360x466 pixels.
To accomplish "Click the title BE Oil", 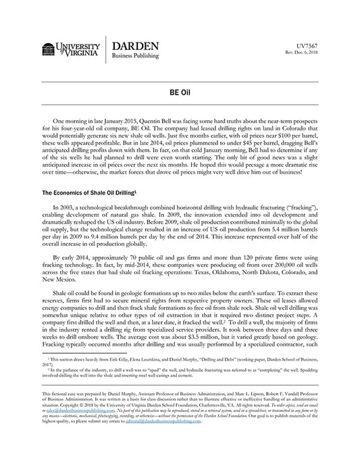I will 180,91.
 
